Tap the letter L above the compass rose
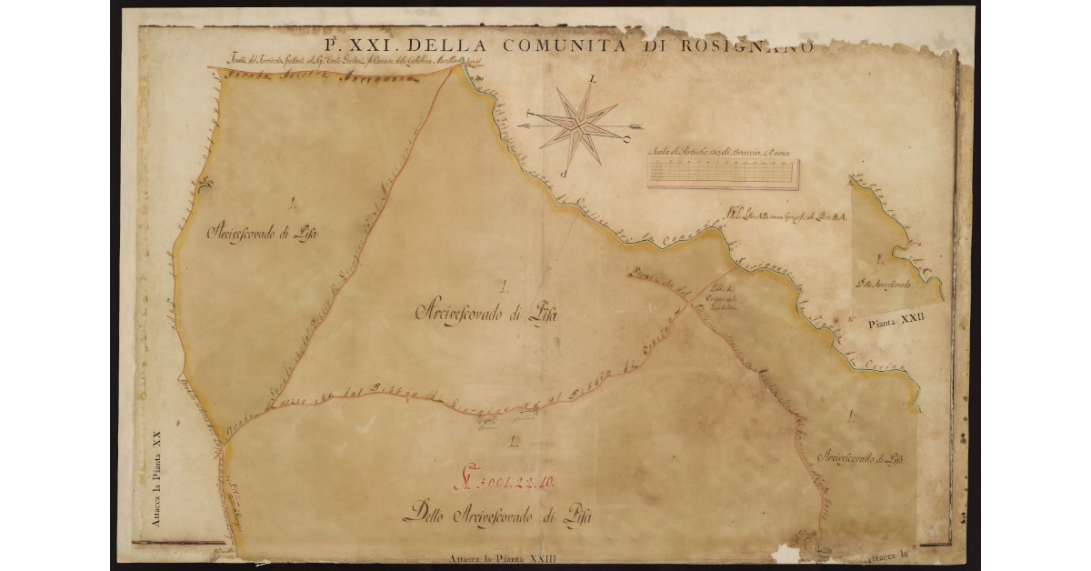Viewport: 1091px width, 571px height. coord(593,80)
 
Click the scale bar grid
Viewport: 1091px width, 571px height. coord(723,173)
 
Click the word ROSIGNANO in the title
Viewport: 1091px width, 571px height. coord(745,47)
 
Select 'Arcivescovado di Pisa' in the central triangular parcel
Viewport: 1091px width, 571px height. coord(485,314)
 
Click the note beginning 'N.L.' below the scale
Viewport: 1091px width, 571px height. coord(786,216)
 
